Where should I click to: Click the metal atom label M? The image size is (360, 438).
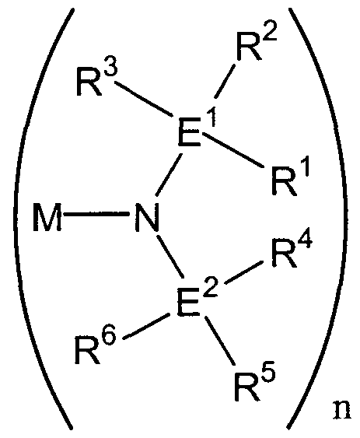(47, 217)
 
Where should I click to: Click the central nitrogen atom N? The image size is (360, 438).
(147, 217)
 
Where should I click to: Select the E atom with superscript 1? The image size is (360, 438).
(197, 128)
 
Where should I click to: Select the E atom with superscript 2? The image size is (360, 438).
(197, 300)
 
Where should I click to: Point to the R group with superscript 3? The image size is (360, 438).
(96, 79)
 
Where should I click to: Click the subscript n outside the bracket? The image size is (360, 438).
(342, 410)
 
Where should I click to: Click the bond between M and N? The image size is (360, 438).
(96, 214)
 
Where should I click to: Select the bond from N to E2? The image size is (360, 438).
(170, 258)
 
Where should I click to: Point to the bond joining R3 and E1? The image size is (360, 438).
(144, 99)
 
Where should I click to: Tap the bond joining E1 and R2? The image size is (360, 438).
(225, 81)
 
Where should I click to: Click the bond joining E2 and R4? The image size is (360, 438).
(243, 273)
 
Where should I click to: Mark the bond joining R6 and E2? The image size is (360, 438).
(145, 327)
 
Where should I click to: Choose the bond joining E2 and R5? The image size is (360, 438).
(220, 341)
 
